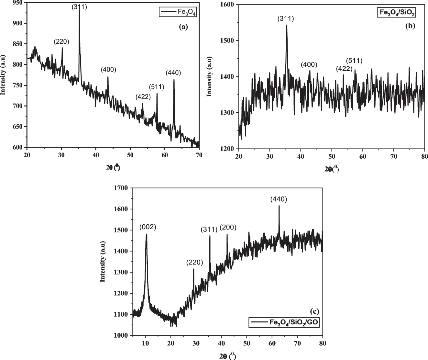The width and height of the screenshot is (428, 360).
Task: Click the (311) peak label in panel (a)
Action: coord(79,7)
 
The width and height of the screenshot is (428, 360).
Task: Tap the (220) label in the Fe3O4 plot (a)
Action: coord(61,42)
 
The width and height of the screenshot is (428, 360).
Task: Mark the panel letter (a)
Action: coord(183,27)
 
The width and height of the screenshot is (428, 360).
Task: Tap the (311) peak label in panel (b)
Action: coord(286,19)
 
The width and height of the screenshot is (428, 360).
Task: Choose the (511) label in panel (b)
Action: coord(354,61)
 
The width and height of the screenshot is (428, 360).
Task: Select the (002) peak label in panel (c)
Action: coord(148,227)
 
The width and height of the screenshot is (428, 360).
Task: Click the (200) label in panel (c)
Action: coord(228,228)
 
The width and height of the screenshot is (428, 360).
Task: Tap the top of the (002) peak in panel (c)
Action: coord(147,234)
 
